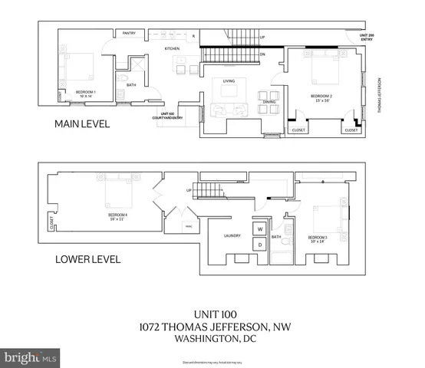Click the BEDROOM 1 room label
[86, 93]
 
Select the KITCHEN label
[172, 49]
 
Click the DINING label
[269, 102]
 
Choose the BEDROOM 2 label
[321, 97]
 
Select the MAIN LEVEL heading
[81, 123]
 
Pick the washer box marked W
[260, 228]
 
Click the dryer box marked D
[260, 244]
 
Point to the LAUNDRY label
[233, 236]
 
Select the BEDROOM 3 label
[318, 239]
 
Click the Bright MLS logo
[32, 357]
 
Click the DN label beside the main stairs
[262, 54]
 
